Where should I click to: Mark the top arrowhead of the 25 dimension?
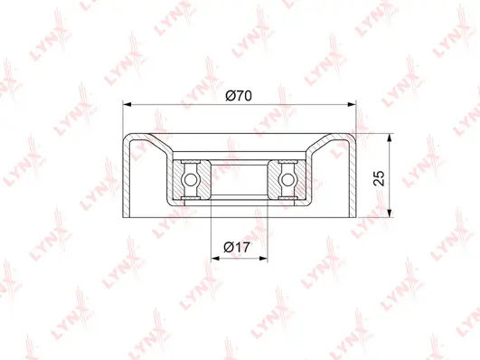click(x=389, y=138)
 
